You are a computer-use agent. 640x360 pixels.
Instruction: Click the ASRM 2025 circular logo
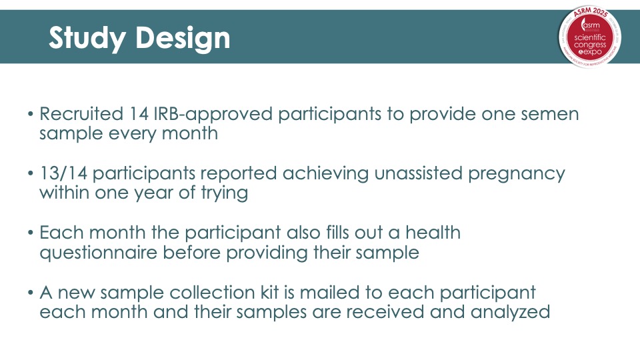click(590, 37)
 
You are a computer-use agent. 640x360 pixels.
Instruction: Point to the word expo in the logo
click(593, 52)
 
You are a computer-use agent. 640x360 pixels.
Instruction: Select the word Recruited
click(81, 114)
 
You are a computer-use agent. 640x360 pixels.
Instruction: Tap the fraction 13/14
click(63, 173)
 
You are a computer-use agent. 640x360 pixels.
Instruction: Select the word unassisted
click(419, 173)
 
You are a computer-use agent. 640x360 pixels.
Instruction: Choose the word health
click(433, 233)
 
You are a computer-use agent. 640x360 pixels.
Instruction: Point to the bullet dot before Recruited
click(31, 114)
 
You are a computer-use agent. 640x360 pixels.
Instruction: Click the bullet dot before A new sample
click(31, 293)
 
